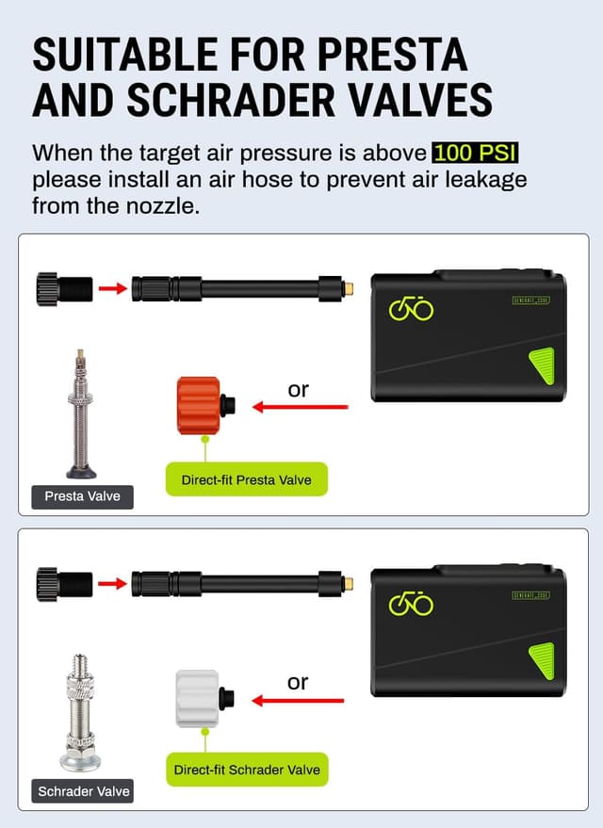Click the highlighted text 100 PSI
(x=477, y=153)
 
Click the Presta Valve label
(x=83, y=495)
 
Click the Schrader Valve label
(x=84, y=791)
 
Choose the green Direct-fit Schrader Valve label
(x=247, y=770)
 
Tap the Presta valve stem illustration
(x=81, y=414)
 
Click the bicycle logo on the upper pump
(x=411, y=309)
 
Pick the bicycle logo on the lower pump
(x=411, y=603)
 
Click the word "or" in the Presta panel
(x=298, y=389)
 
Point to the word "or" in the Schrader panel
(x=298, y=682)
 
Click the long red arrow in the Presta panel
(x=301, y=408)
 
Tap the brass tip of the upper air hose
(x=347, y=287)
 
